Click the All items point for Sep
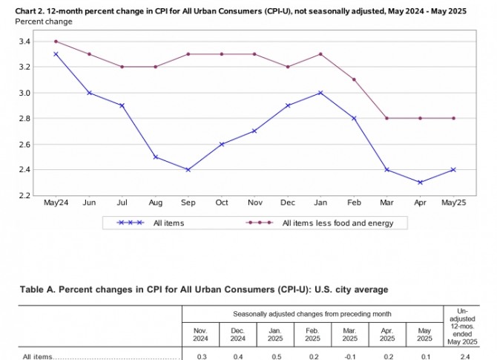[188, 170]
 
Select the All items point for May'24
[56, 54]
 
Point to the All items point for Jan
[320, 93]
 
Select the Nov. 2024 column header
[200, 334]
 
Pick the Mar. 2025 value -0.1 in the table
[348, 356]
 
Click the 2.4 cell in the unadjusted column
[465, 356]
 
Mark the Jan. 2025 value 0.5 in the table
[274, 356]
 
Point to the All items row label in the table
[37, 356]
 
